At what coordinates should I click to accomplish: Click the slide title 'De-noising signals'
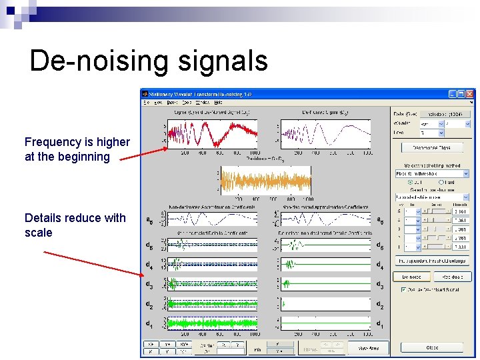149,61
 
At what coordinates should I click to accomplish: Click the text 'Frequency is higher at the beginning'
77,149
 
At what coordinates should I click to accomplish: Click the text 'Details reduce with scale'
75,225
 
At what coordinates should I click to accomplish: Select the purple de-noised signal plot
325,133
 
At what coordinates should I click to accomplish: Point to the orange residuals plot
266,181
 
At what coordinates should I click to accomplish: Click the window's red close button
471,95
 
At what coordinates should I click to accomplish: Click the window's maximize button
461,95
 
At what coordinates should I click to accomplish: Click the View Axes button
369,347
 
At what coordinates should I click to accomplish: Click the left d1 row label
150,323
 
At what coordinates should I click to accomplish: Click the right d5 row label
379,245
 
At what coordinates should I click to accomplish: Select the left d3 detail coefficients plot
212,284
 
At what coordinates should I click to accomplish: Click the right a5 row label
380,220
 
